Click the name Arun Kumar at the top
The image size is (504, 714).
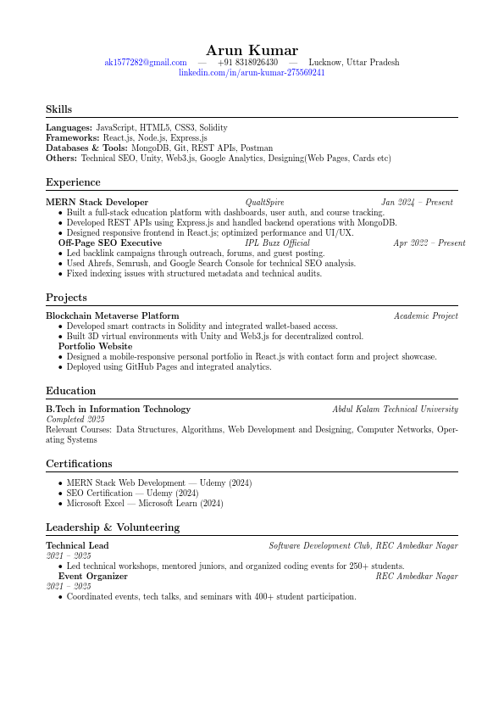click(x=252, y=51)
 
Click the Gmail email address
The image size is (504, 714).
click(x=146, y=63)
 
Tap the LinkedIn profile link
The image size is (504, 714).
click(x=252, y=73)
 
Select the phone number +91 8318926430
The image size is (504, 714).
click(x=247, y=63)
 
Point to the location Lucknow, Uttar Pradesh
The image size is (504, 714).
click(x=354, y=63)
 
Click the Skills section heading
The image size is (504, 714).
click(x=58, y=109)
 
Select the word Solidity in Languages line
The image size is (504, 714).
click(x=213, y=127)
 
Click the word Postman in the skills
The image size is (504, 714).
click(x=257, y=148)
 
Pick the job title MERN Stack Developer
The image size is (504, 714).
click(x=97, y=203)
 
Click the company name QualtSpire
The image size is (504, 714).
click(x=264, y=203)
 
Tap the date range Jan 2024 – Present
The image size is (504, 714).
click(x=417, y=203)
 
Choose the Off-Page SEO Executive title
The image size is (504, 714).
click(x=109, y=243)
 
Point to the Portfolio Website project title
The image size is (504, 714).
click(x=95, y=346)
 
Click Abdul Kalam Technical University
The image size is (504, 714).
click(x=395, y=409)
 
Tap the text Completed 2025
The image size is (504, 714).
click(x=75, y=419)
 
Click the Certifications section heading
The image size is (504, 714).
click(x=79, y=464)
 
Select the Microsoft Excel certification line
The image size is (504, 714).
click(x=144, y=503)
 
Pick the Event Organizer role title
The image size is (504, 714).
click(x=92, y=577)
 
